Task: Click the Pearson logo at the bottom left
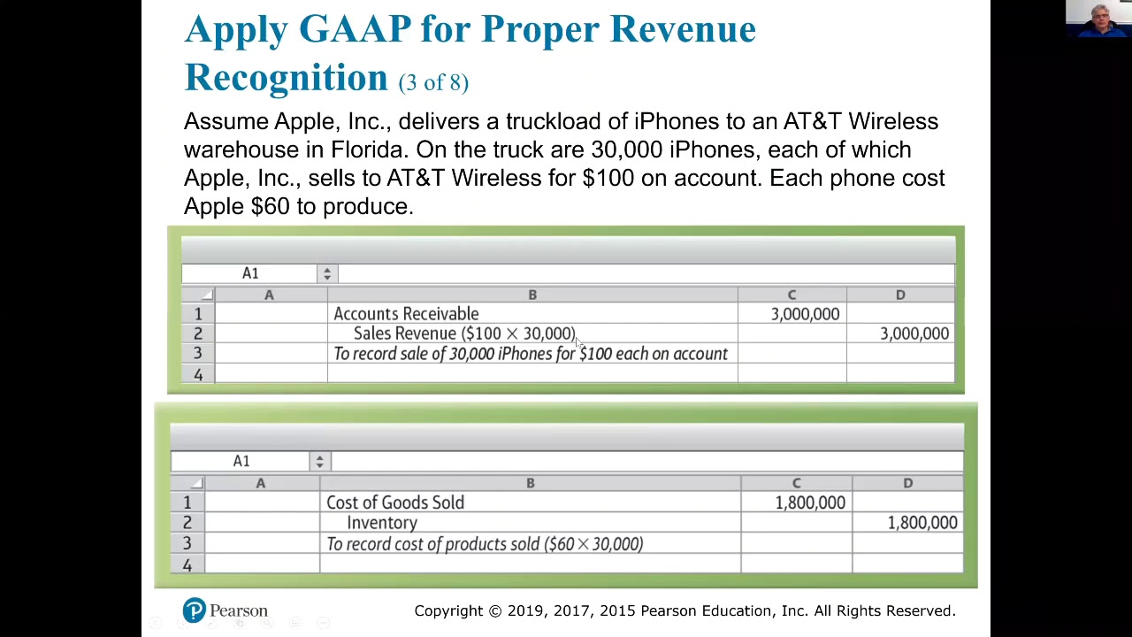pos(225,610)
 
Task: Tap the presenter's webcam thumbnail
pos(1098,19)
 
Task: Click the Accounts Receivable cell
pos(406,314)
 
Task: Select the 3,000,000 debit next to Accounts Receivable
pos(805,314)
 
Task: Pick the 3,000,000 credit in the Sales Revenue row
pos(914,334)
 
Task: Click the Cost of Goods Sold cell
pos(395,503)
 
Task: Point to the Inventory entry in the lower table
pos(382,523)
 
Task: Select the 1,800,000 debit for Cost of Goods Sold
pos(809,503)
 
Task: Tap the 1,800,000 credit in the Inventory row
pos(922,523)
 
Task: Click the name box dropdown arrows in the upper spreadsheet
pos(327,274)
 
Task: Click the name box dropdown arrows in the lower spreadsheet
pos(319,462)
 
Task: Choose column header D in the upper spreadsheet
pos(900,295)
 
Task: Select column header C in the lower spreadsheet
pos(796,483)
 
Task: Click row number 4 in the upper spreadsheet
pos(198,374)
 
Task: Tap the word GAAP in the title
pos(355,29)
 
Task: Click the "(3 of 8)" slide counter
pos(433,82)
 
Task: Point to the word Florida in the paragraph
pos(367,150)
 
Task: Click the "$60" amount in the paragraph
pos(270,206)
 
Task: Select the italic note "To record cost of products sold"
pos(485,544)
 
